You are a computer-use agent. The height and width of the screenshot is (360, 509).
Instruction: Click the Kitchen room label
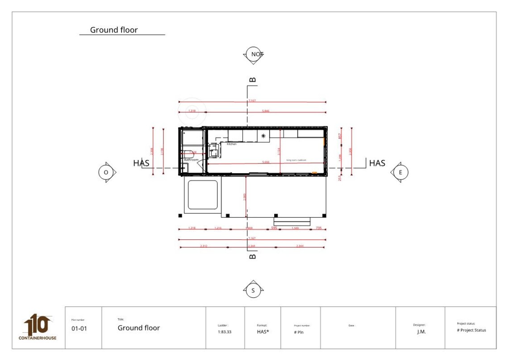(232, 144)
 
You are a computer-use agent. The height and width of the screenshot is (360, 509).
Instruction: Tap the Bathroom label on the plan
(191, 159)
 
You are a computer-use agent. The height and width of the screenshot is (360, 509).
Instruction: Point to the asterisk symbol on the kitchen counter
(263, 136)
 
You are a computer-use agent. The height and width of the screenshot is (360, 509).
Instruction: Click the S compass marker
(253, 291)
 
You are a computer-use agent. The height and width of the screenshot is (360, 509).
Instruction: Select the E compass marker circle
(400, 172)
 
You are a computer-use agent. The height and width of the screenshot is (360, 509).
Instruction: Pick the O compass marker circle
(106, 172)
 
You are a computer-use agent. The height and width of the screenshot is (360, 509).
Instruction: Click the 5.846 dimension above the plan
(266, 111)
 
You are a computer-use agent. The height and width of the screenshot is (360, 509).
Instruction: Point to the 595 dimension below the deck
(274, 228)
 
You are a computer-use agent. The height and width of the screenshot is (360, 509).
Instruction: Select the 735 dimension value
(318, 228)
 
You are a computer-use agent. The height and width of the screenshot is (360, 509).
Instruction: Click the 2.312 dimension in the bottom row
(204, 246)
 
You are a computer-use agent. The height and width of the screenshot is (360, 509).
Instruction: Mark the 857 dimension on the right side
(340, 136)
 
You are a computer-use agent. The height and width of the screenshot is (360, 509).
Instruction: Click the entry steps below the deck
(292, 221)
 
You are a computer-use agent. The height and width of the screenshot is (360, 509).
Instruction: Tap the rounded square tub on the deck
(203, 195)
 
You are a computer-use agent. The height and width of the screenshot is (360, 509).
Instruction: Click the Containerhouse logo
(38, 327)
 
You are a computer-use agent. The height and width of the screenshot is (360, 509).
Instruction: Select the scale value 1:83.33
(225, 332)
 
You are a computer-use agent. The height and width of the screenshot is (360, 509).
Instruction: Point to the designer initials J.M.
(421, 332)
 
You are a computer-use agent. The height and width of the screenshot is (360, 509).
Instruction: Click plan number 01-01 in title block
(79, 329)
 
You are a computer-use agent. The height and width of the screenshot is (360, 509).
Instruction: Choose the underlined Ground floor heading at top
(114, 30)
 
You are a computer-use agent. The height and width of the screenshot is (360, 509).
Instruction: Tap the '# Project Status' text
(471, 330)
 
